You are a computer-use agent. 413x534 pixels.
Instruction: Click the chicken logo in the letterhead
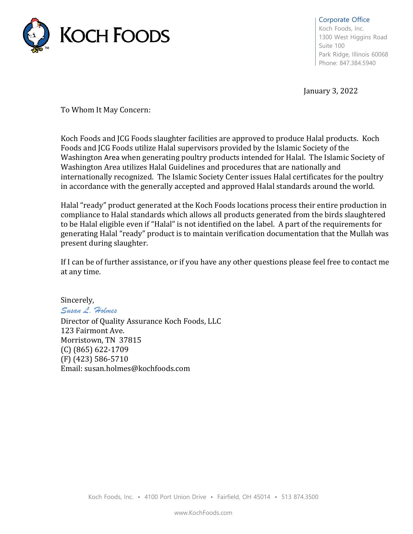(36, 35)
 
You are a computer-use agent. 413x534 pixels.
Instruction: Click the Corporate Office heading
(344, 20)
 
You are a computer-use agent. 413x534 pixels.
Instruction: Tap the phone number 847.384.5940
(358, 63)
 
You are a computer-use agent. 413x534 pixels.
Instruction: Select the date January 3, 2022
(330, 91)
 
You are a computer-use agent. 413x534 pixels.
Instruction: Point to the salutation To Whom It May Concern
(105, 110)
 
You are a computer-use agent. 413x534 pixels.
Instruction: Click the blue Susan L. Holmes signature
(89, 310)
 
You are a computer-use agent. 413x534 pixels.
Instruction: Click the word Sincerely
(77, 300)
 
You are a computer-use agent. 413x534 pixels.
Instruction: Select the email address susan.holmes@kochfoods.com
(137, 369)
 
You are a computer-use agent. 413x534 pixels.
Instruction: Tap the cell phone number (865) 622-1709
(101, 350)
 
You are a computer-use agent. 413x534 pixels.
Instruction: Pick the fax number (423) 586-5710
(100, 359)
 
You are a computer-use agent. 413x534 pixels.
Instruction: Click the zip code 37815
(130, 340)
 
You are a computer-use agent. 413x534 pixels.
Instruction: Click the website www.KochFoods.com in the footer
(203, 513)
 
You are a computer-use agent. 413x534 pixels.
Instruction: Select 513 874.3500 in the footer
(300, 497)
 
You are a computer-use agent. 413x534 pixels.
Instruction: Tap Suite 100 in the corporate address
(331, 46)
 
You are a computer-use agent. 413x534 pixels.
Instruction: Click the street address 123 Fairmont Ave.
(92, 331)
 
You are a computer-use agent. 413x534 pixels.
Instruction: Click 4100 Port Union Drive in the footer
(175, 497)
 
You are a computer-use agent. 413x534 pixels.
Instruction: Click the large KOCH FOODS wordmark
(115, 35)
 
